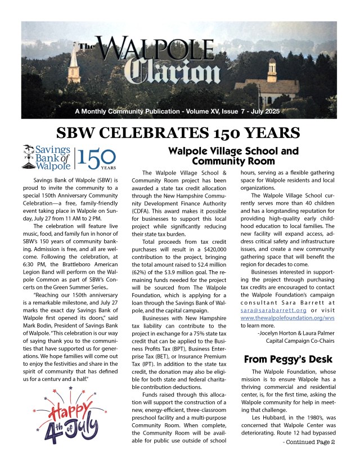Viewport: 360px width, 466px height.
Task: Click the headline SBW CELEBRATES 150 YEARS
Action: pos(179,133)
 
